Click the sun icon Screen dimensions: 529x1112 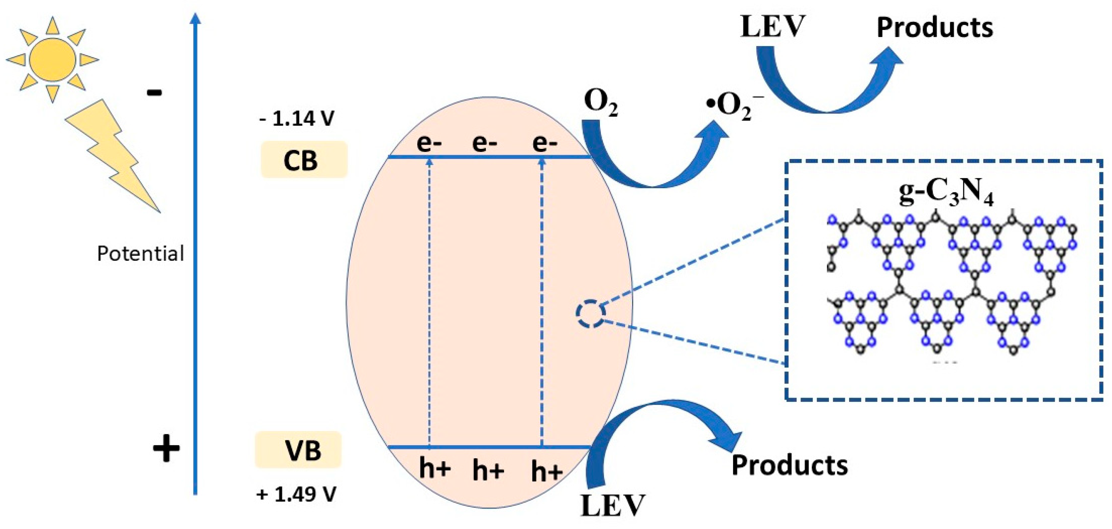pos(53,59)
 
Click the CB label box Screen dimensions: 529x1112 pos(304,160)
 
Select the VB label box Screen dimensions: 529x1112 pos(298,450)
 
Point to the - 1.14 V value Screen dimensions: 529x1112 pos(297,119)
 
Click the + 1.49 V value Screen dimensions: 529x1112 pos(296,494)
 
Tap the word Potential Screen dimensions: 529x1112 pos(140,254)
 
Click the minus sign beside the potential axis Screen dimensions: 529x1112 pos(154,92)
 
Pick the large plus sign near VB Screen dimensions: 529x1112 pos(166,448)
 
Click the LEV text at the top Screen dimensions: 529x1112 pos(773,27)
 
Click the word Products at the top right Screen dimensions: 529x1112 pos(935,28)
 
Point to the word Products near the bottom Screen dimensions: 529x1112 pos(790,466)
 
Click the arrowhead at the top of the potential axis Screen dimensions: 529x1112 pos(196,18)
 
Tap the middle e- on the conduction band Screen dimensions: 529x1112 pos(484,143)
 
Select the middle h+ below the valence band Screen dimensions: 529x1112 pos(488,470)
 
